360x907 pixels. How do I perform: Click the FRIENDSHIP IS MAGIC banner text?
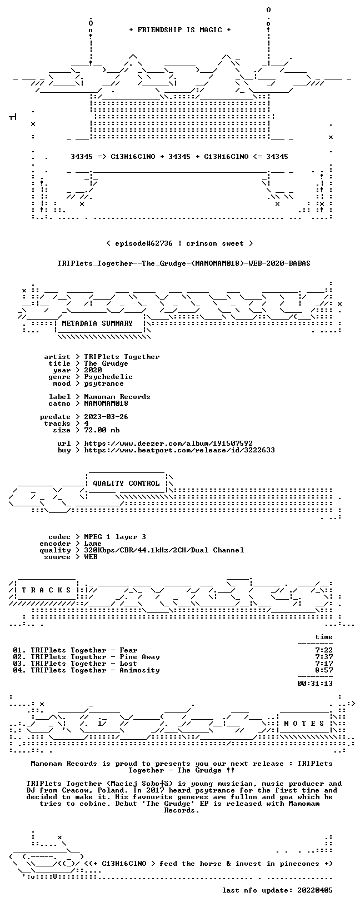[x=180, y=30]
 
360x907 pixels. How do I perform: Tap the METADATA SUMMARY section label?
[x=97, y=323]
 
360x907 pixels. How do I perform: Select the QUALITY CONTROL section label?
[x=126, y=484]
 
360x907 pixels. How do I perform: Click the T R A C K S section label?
[x=46, y=590]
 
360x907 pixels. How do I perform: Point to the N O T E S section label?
[x=304, y=724]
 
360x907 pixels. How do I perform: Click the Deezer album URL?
[x=168, y=443]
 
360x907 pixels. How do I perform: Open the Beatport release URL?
[x=179, y=450]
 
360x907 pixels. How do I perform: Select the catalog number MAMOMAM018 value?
[x=106, y=403]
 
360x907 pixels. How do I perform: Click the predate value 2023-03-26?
[x=106, y=417]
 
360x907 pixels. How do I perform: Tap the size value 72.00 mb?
[x=102, y=430]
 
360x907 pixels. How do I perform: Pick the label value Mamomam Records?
[x=117, y=397]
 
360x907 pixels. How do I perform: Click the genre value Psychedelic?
[x=108, y=377]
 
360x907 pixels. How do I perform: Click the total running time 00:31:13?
[x=315, y=684]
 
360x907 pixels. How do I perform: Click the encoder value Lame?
[x=93, y=544]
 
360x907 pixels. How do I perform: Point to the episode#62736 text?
[x=144, y=243]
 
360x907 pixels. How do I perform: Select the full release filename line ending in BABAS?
[x=184, y=263]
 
